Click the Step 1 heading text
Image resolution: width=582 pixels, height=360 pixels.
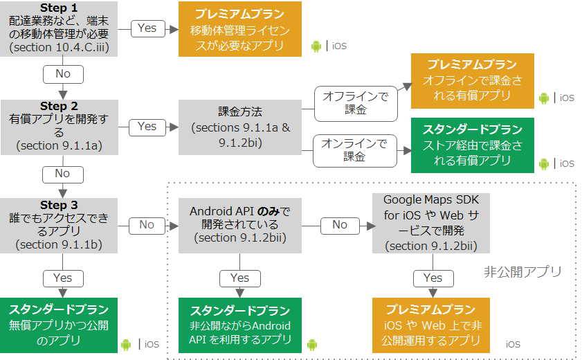click(59, 8)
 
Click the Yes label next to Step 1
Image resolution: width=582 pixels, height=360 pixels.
click(147, 28)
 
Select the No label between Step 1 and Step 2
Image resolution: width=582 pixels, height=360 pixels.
click(63, 74)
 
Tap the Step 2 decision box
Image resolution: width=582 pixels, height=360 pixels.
click(60, 127)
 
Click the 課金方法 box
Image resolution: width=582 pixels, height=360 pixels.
click(239, 127)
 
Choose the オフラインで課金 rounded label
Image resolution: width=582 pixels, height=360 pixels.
click(356, 104)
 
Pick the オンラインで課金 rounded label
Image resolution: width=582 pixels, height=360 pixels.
click(354, 151)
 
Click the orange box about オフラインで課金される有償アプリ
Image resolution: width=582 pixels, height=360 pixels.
click(472, 81)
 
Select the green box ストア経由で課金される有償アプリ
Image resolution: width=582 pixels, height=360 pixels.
click(472, 145)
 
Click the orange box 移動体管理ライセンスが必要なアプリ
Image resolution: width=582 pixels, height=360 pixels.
click(239, 29)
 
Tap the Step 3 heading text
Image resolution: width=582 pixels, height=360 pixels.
click(59, 205)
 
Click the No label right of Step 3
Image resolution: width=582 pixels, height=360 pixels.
click(147, 226)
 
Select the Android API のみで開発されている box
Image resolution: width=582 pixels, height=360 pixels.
click(239, 226)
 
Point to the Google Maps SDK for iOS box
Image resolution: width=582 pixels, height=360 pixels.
click(431, 223)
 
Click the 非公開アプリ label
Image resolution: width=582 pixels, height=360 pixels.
click(522, 272)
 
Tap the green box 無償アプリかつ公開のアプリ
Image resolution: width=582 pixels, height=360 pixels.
click(59, 325)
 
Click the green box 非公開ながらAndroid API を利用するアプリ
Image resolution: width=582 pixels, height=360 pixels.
click(239, 325)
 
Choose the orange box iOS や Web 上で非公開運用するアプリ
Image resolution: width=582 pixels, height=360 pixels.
click(431, 325)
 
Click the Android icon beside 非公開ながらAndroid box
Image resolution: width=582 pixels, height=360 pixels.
click(312, 345)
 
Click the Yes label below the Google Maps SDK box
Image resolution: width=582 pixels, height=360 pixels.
click(433, 278)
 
